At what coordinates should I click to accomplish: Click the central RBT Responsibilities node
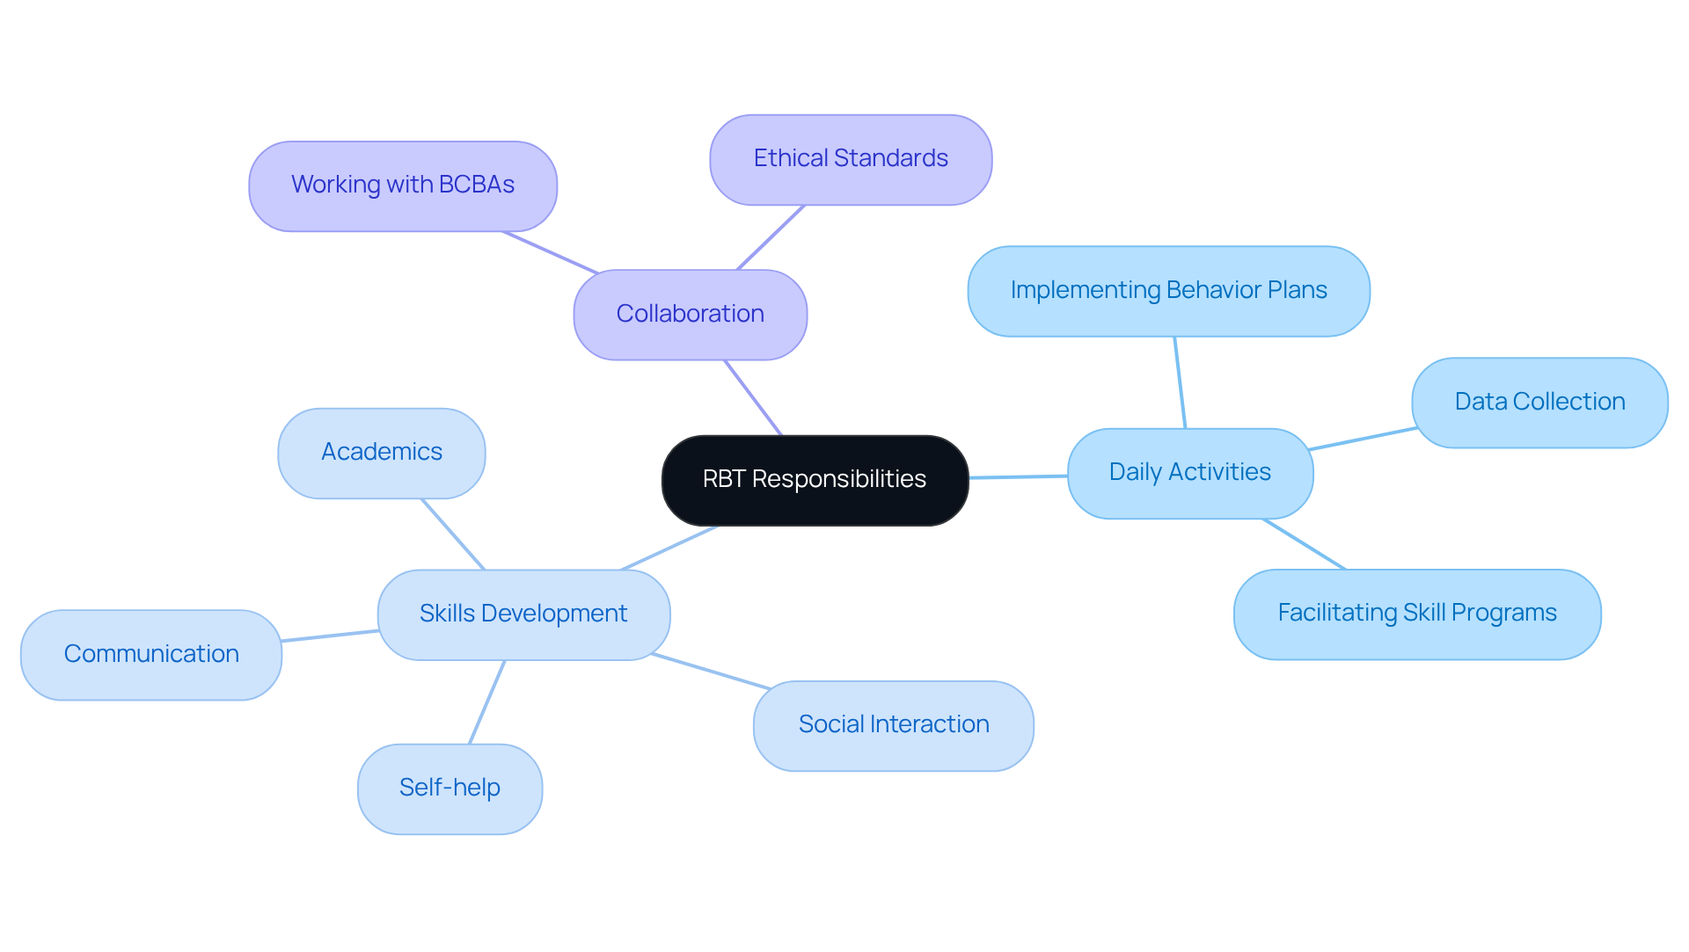815,480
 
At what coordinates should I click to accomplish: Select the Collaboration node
690,315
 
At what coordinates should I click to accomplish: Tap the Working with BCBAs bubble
403,185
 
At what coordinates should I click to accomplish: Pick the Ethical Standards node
851,159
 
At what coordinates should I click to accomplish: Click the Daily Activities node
1189,473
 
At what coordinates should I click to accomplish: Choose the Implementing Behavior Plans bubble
1168,291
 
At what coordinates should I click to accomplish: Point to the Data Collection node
1539,403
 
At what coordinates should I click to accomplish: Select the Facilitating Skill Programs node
1416,614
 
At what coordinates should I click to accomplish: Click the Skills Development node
523,614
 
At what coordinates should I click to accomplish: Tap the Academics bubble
381,453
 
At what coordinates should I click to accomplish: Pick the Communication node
151,655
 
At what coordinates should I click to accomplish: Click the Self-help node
450,788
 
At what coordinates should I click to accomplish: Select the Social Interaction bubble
893,725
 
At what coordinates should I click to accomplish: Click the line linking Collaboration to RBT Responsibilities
753,397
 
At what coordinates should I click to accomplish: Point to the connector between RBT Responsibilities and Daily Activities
1018,476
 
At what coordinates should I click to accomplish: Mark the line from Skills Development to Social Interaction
711,671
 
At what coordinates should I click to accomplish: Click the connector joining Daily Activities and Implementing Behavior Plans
1180,382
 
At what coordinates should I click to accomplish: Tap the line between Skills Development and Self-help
486,702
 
